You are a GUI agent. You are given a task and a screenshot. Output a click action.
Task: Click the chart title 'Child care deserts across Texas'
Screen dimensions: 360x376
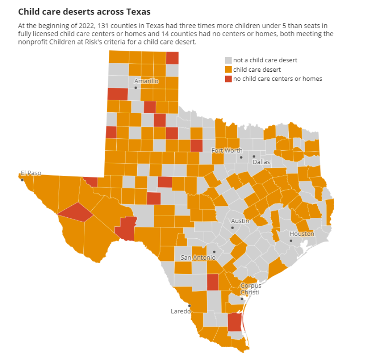[84, 11]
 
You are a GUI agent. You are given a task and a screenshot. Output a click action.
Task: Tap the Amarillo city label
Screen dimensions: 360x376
[146, 81]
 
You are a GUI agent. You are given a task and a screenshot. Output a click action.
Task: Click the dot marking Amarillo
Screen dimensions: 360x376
[135, 88]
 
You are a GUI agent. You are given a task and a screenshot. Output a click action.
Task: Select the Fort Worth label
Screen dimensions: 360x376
[227, 150]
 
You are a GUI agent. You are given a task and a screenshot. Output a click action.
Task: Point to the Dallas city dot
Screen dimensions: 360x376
[253, 157]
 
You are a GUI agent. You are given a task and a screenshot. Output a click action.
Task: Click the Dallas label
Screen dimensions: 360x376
[261, 162]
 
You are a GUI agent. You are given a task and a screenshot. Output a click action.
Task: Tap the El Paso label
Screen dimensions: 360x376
[31, 173]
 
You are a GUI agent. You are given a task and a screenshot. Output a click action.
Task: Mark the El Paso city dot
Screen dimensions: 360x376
[22, 180]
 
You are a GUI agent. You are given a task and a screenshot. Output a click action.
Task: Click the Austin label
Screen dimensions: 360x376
[240, 221]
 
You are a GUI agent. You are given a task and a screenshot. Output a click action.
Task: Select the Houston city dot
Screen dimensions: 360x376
[291, 241]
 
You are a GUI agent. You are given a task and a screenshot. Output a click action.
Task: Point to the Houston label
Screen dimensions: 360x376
[302, 234]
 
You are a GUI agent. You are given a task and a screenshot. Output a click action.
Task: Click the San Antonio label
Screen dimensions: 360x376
[198, 258]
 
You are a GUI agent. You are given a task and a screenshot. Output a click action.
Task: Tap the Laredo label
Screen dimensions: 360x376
[180, 311]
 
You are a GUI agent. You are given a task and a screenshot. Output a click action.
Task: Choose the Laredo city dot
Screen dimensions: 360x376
[189, 306]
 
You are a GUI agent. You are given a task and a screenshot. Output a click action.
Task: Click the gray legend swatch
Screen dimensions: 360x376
[229, 60]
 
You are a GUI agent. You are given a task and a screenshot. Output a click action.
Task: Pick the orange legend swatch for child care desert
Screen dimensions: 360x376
[229, 70]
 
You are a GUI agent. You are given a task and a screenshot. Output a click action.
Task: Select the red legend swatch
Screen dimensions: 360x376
[229, 79]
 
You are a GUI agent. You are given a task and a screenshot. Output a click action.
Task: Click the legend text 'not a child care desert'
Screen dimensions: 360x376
[265, 60]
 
